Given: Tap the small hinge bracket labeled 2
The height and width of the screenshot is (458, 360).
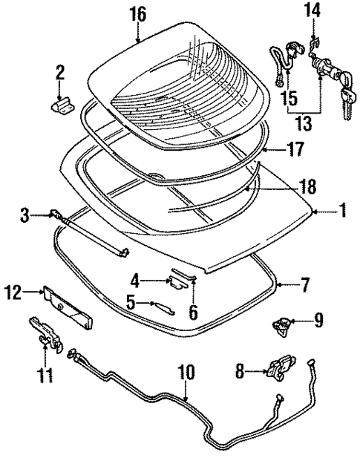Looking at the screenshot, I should [62, 105].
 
